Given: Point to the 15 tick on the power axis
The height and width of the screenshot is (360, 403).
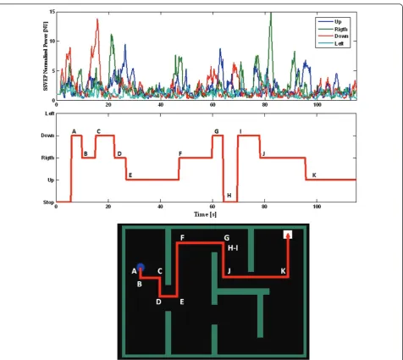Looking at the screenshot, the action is [52, 12].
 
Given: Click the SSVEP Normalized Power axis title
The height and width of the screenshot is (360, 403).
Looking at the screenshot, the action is [46, 56].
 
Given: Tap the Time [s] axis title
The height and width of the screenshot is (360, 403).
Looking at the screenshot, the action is [205, 214].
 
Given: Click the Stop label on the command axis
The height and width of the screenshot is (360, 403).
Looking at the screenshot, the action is [48, 202].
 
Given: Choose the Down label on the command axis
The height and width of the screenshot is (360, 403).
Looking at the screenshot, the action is [47, 136].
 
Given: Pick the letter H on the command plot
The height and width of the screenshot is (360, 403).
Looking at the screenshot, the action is [229, 196].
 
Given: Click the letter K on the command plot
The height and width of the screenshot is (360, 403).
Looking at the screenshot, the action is [314, 175].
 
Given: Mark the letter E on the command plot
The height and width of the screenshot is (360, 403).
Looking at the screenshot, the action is [130, 175].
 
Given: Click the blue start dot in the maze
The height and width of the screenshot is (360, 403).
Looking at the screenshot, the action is [141, 267].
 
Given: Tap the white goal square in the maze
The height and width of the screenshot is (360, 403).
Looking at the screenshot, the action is [288, 235].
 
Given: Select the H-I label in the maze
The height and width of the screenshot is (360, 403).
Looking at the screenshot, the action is [233, 248].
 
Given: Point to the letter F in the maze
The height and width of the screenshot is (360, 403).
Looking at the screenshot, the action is [182, 238].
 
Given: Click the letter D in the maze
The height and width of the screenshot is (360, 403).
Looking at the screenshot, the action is [158, 302].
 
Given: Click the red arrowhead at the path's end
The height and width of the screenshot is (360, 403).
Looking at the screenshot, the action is [288, 236].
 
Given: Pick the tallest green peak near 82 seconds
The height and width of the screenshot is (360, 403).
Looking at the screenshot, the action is [271, 13].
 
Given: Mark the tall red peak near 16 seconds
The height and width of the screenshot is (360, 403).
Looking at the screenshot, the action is [97, 19].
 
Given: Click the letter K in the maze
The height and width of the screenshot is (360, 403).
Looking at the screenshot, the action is [283, 271].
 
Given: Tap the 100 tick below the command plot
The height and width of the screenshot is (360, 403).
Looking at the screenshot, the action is [317, 207].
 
